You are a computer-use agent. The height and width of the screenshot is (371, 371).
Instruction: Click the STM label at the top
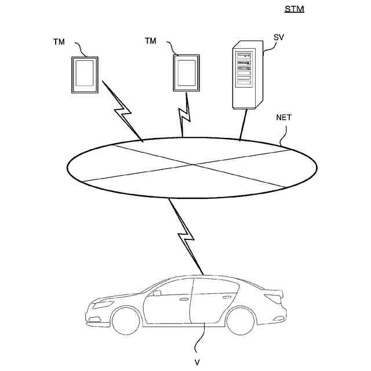coord(294,9)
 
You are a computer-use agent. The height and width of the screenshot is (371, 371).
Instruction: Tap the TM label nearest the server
coord(151,41)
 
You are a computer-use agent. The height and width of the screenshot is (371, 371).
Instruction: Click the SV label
coord(279,38)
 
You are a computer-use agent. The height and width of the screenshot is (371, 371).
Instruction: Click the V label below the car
coord(198,362)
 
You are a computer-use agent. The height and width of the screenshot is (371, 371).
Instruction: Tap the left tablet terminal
coord(85,74)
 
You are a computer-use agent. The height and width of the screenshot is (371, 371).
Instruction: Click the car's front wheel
coord(125,321)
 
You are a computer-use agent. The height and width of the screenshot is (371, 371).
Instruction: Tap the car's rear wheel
coord(239,321)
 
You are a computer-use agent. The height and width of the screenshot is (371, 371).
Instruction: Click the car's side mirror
coord(155,293)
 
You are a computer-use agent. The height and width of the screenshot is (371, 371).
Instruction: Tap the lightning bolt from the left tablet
coord(122,110)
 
